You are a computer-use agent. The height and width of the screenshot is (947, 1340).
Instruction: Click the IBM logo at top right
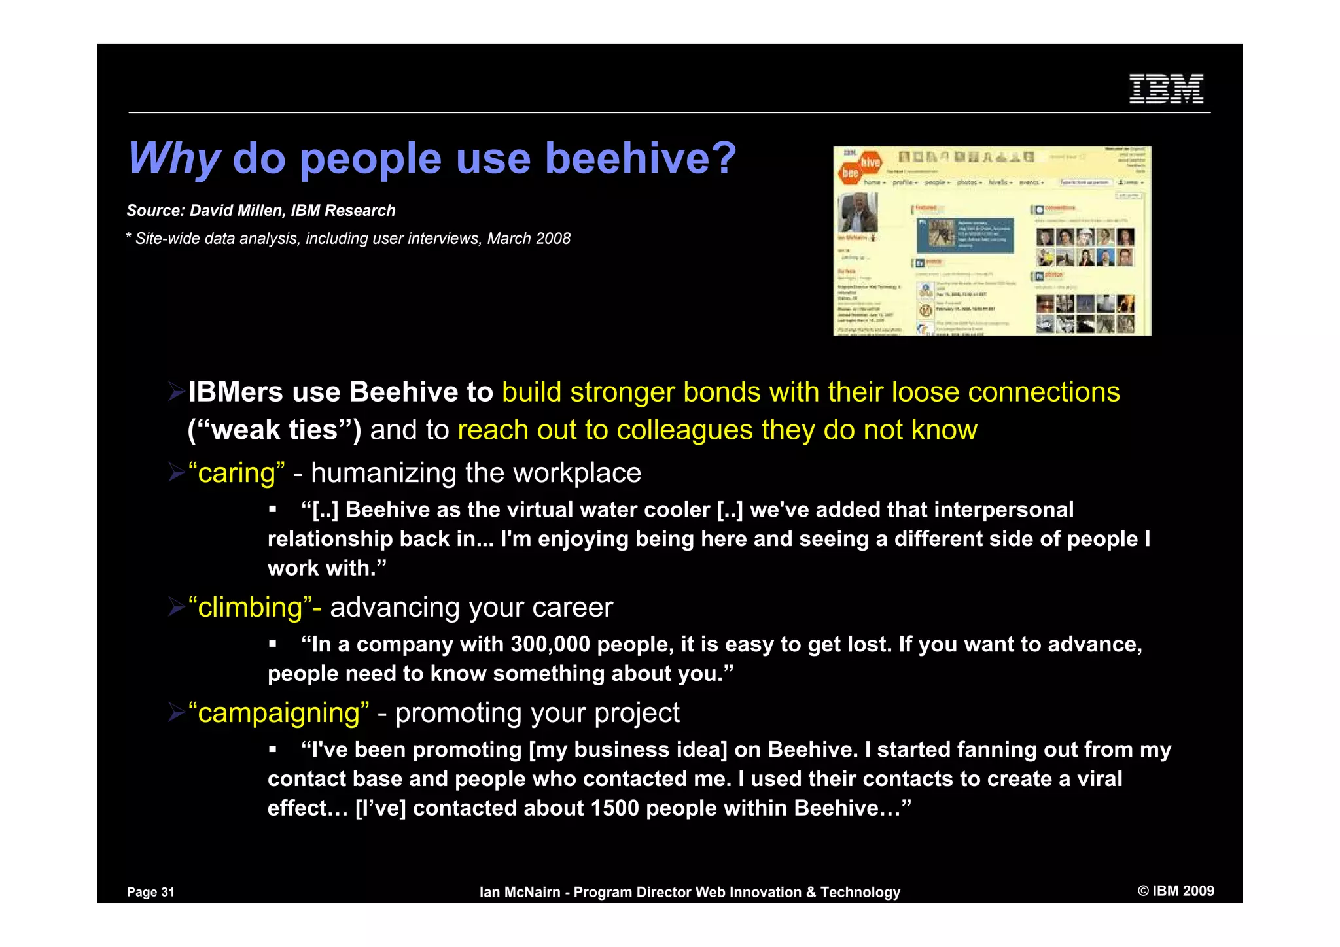point(1166,89)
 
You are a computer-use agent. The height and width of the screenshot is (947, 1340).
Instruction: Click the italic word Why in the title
point(174,159)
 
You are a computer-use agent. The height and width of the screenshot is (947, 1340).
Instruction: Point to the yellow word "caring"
point(236,473)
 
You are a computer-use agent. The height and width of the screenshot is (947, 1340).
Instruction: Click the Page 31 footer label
point(151,892)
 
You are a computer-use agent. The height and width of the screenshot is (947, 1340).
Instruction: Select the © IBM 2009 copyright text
point(1176,891)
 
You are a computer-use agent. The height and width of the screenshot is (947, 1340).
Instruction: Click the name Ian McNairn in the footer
point(520,892)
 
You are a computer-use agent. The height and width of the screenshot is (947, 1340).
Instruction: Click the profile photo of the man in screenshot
point(857,212)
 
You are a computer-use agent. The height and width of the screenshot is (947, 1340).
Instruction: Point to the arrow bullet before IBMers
point(176,392)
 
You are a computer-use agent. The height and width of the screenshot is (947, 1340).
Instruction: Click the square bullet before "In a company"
point(273,645)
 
